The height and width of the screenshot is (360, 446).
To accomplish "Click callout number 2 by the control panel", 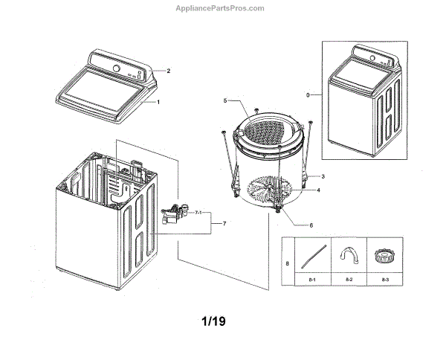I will pyautogui.click(x=169, y=71).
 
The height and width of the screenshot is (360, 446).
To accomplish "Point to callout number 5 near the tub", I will pyautogui.click(x=224, y=100).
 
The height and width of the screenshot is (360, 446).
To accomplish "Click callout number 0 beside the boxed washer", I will pyautogui.click(x=308, y=95).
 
